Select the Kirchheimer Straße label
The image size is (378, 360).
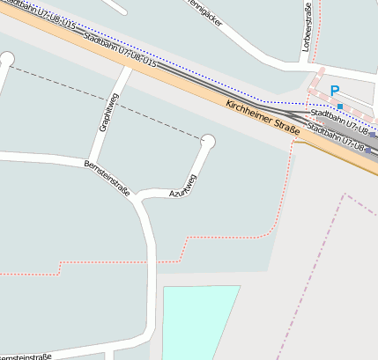(x=263, y=118)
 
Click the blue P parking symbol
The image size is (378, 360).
(x=334, y=90)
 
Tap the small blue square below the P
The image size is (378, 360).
(x=339, y=107)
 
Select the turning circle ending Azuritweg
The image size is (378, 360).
(x=208, y=141)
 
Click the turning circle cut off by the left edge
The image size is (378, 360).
(x=6, y=60)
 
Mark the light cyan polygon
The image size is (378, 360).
(x=198, y=321)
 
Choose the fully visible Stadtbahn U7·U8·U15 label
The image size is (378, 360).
(x=119, y=51)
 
